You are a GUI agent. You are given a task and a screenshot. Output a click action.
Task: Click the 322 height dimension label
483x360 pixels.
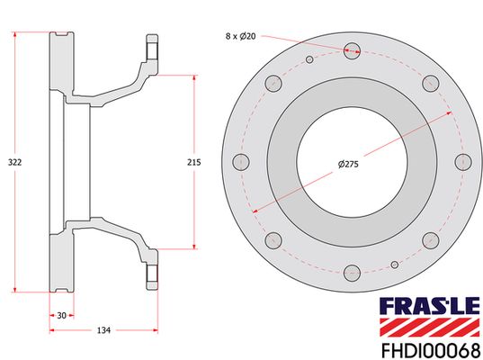(14, 162)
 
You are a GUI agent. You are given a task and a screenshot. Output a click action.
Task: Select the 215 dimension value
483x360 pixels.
(193, 162)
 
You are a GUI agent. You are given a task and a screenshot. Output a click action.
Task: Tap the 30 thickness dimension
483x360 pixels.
(61, 315)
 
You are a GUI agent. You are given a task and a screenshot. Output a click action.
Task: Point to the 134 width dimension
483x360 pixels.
(103, 330)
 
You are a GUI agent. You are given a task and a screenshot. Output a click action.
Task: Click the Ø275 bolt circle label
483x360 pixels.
(348, 164)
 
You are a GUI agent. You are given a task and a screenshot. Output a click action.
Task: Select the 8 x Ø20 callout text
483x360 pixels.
(240, 36)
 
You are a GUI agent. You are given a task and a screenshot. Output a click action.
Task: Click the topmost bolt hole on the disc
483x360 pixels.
(352, 51)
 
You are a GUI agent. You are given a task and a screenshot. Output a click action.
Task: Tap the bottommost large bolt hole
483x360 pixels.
(352, 273)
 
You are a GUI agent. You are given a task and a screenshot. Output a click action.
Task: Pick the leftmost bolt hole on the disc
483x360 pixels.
(241, 162)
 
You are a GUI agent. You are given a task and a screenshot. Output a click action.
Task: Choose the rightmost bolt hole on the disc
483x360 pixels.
(463, 162)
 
